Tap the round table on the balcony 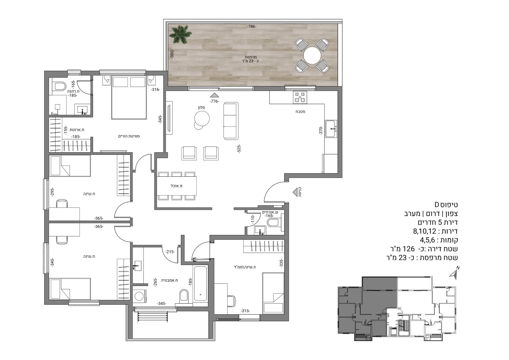click(x=312, y=55)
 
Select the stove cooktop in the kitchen click(x=300, y=97)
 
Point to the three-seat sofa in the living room click(x=231, y=121)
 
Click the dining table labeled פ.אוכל click(x=177, y=186)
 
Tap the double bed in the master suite click(x=129, y=98)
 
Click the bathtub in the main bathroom click(x=200, y=284)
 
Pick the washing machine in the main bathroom click(x=139, y=296)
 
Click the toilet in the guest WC click(x=274, y=222)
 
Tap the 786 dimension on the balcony click(x=252, y=27)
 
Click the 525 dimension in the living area click(x=239, y=149)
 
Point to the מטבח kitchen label click(x=300, y=112)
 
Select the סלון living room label click(x=201, y=107)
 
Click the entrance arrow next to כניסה click(x=295, y=192)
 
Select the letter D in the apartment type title click(x=437, y=205)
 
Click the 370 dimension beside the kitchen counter click(x=321, y=130)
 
